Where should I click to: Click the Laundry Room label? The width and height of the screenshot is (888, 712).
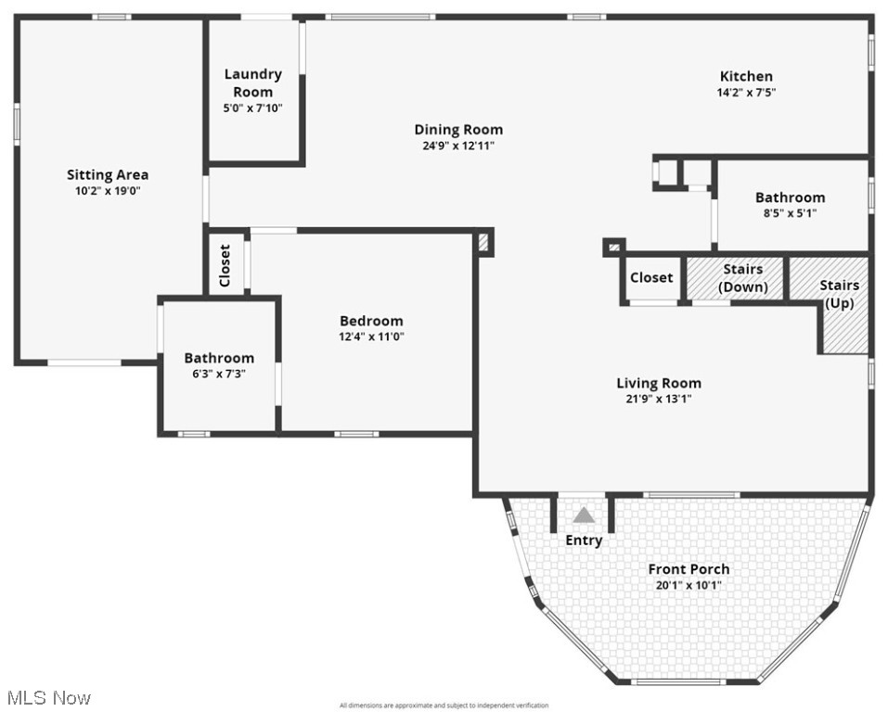click(253, 83)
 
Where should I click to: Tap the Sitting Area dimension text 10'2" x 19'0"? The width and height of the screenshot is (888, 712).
click(108, 190)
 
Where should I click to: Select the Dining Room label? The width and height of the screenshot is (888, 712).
click(458, 130)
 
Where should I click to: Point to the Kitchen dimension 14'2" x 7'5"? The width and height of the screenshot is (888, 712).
click(746, 92)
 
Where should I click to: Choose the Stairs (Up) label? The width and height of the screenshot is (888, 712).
click(839, 294)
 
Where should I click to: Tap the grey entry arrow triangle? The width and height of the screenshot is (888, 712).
click(584, 515)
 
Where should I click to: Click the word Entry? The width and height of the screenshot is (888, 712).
click(584, 540)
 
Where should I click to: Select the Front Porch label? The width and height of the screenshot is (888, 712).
click(689, 569)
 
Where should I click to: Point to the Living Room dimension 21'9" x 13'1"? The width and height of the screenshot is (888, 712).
click(659, 399)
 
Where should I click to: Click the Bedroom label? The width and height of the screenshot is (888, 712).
click(371, 321)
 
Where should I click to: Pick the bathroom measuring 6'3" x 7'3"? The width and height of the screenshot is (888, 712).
click(219, 364)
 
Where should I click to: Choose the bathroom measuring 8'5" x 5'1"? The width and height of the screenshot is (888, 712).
click(790, 204)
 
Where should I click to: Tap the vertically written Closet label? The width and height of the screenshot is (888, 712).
click(225, 265)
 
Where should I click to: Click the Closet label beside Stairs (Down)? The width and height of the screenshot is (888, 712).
click(651, 277)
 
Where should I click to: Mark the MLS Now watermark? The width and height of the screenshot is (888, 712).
click(48, 697)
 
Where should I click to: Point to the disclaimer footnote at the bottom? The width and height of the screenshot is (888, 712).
click(444, 706)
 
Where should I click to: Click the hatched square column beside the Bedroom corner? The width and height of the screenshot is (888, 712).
click(483, 242)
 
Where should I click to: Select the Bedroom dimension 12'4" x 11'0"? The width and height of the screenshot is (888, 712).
click(371, 337)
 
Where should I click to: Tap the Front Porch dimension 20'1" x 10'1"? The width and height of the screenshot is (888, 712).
click(689, 585)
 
